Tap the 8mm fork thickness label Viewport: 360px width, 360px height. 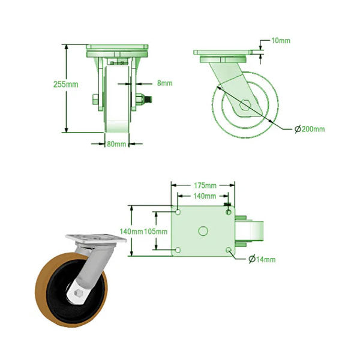(164, 83)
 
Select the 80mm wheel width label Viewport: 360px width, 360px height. (116, 144)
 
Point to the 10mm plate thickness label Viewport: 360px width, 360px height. (280, 41)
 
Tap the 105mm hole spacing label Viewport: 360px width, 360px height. (157, 232)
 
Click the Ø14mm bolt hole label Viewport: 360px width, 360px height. (262, 259)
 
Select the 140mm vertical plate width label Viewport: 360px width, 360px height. (131, 232)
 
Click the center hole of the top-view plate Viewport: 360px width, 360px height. (203, 230)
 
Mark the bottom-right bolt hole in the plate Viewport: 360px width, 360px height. (228, 250)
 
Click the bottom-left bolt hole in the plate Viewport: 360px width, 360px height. (178, 250)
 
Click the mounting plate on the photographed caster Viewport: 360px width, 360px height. (96, 238)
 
